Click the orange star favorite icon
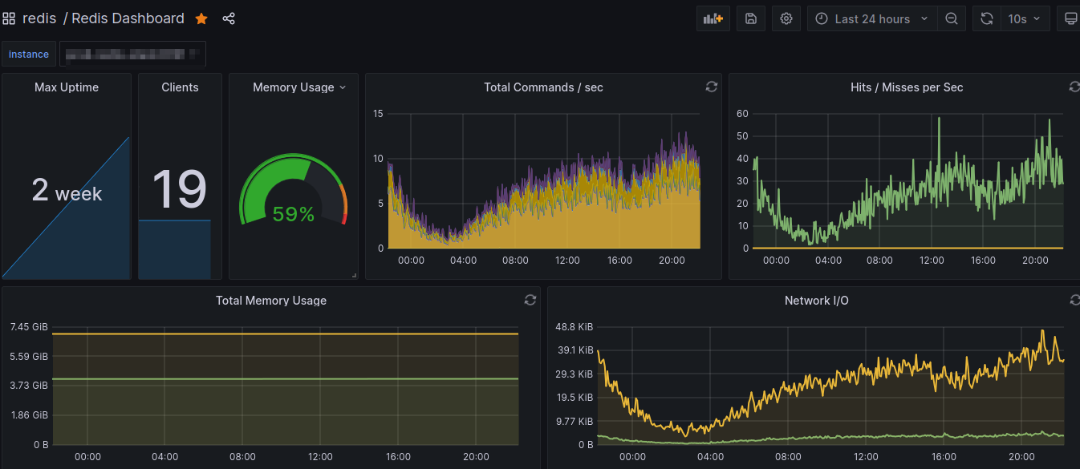(201, 18)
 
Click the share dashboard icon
(229, 18)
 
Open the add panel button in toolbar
(713, 18)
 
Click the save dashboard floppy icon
(751, 18)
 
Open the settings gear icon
(786, 18)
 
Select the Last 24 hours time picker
(871, 18)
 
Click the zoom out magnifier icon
(951, 18)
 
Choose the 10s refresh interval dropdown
(1024, 18)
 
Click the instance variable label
(29, 55)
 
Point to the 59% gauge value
(293, 214)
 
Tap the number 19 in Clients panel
(179, 190)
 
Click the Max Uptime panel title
(67, 87)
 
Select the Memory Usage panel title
(293, 87)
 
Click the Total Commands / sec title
(543, 87)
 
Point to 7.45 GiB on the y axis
(29, 327)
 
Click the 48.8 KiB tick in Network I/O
(575, 327)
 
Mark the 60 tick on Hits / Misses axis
(742, 114)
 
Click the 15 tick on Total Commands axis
(379, 114)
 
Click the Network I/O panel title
(816, 301)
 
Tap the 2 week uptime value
(67, 191)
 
